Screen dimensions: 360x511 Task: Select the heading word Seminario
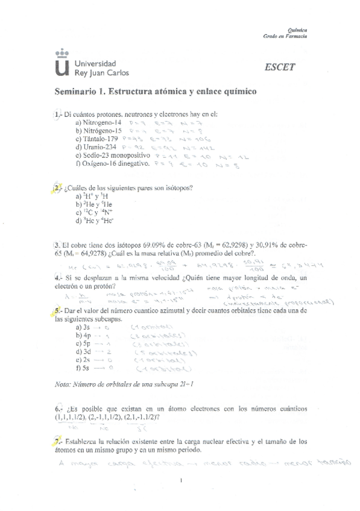click(x=75, y=92)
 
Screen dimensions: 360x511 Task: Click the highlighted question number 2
click(x=57, y=187)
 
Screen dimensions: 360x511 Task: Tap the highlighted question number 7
click(x=56, y=441)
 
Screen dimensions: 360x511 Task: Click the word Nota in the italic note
click(x=63, y=384)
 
